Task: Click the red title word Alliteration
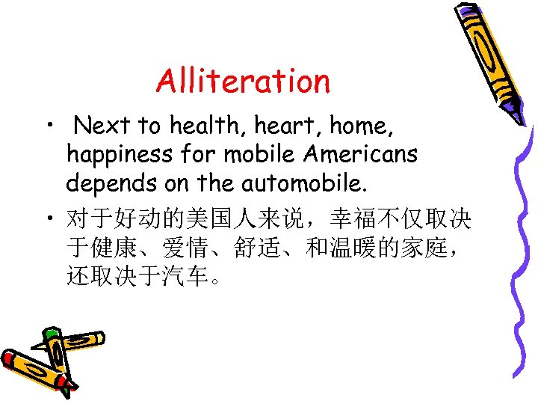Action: point(243,81)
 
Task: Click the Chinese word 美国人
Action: point(198,219)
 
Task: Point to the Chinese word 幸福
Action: point(350,219)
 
